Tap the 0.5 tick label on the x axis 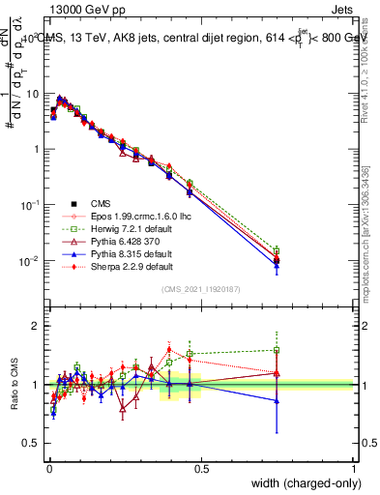(201, 467)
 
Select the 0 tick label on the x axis (48, 467)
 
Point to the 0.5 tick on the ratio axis (33, 444)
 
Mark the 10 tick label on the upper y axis (34, 94)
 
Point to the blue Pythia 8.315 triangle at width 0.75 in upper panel (278, 266)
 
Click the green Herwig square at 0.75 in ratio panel (278, 351)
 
